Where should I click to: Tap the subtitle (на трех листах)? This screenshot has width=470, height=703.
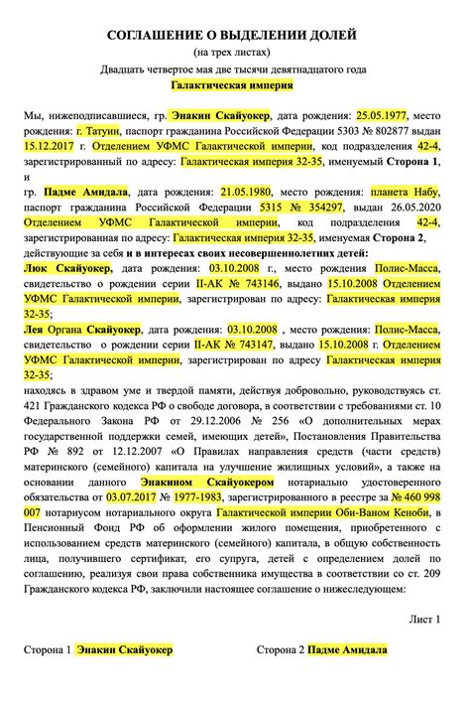pyautogui.click(x=234, y=53)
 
